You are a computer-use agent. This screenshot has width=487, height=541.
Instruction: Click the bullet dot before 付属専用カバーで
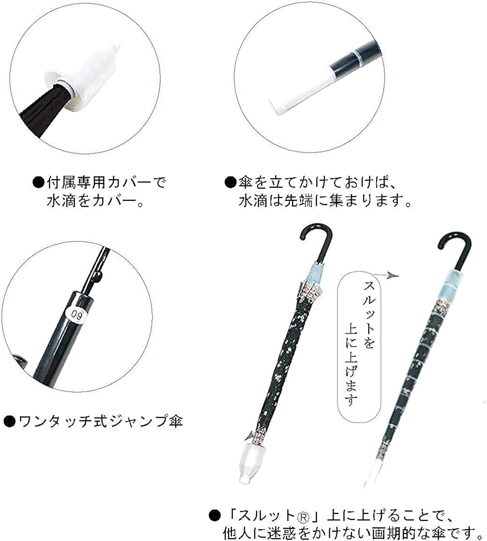click(37, 182)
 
